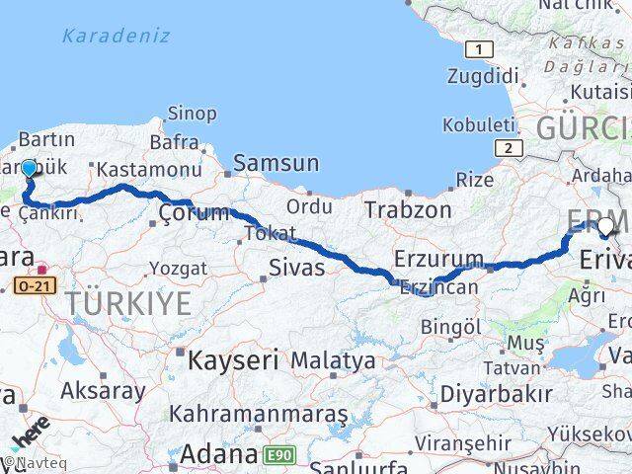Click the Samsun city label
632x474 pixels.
point(276,164)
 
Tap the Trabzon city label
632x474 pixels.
point(408,209)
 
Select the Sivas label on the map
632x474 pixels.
point(297,266)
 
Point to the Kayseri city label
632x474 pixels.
point(233,360)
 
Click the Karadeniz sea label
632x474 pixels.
point(116,36)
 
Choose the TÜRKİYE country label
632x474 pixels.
point(130,303)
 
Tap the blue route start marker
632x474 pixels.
point(29,169)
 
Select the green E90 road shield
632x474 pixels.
point(279,455)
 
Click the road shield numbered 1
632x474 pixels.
point(480,49)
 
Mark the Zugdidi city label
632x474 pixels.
point(483,76)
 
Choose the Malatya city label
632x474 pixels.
point(333,360)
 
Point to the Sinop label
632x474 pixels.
point(192,115)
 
